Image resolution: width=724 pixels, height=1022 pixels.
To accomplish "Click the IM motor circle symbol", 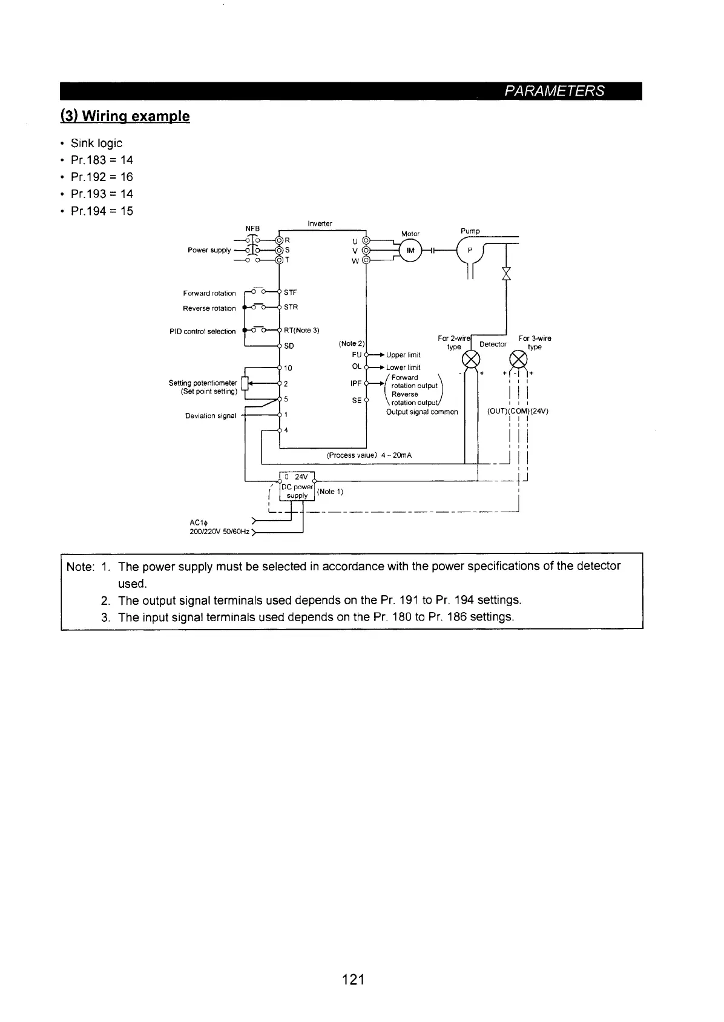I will pyautogui.click(x=410, y=251).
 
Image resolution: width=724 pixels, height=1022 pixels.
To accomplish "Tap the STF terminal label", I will pyautogui.click(x=290, y=292).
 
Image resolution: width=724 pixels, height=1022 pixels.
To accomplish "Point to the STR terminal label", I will pyautogui.click(x=291, y=307).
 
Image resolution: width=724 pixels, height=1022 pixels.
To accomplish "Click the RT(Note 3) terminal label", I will pyautogui.click(x=301, y=330).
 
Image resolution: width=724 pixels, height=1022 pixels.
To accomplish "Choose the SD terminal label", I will pyautogui.click(x=289, y=346).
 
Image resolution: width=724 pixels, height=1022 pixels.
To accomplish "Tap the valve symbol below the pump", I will pyautogui.click(x=506, y=274).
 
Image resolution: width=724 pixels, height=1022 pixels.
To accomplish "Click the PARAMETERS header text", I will pyautogui.click(x=555, y=91).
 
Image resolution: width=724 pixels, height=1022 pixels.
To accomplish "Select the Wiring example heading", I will pyautogui.click(x=125, y=116).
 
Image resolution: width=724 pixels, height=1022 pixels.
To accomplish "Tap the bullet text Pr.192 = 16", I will pyautogui.click(x=102, y=177).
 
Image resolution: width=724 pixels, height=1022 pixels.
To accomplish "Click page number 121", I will pyautogui.click(x=353, y=979).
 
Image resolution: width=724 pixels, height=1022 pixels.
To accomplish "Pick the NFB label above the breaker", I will pyautogui.click(x=252, y=228).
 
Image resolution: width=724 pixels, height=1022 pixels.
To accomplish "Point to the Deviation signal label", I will pyautogui.click(x=210, y=415).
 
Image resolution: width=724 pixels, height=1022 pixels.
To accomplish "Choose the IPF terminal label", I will pyautogui.click(x=355, y=383).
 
